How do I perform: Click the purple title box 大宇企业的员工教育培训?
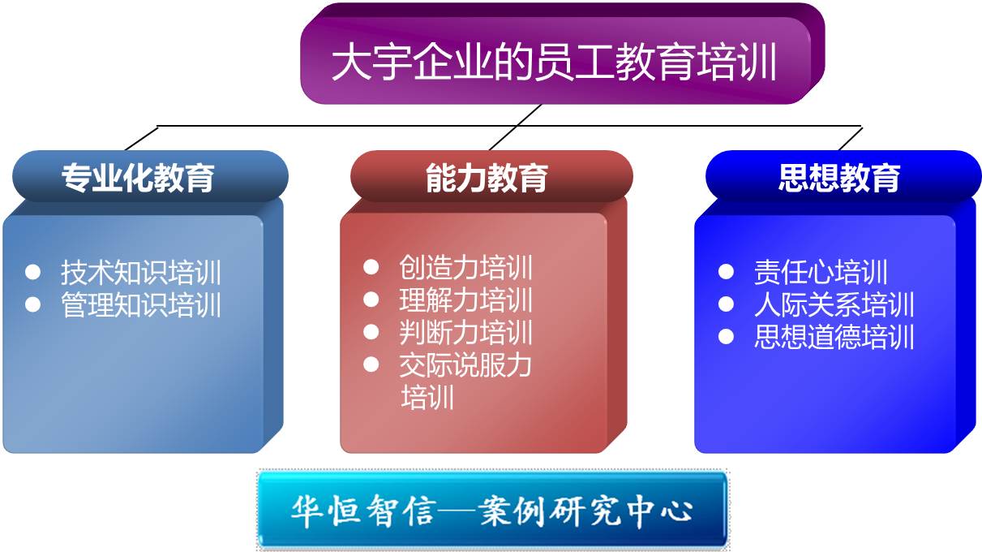pos(563,54)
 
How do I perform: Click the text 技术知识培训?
pos(141,273)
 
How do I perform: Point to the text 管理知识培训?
pos(141,305)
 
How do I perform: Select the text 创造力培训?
pos(465,267)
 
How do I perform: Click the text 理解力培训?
pos(465,300)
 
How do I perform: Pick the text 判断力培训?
pos(465,333)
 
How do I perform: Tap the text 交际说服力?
pos(465,365)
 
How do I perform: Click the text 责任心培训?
pos(821,272)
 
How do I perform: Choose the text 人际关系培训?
pos(834,304)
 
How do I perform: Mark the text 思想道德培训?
pos(834,337)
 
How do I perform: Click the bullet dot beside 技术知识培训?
pos(33,272)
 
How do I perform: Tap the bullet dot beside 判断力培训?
pos(371,332)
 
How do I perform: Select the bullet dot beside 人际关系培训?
pos(726,304)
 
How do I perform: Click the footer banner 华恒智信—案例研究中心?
pos(492,510)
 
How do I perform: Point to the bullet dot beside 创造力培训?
pos(371,267)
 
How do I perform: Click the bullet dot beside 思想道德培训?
pos(726,337)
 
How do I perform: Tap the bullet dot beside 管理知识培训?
pos(33,304)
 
